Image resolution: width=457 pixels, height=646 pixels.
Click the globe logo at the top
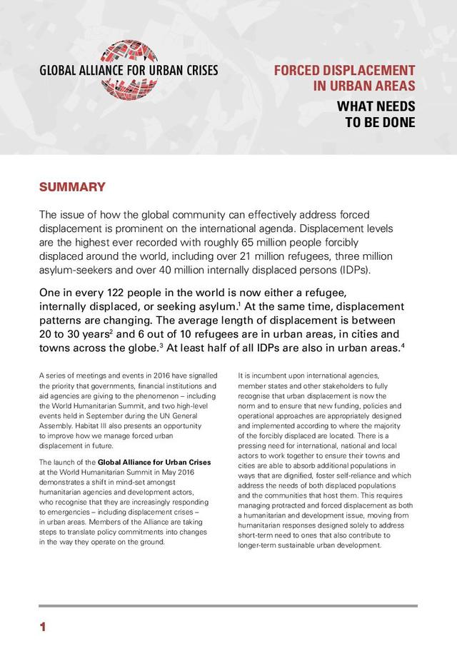[x=130, y=69]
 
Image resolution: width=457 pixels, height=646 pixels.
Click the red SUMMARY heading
[x=72, y=187]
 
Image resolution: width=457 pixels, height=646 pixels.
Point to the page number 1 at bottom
[x=43, y=627]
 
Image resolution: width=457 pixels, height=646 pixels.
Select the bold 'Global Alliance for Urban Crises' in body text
[x=154, y=463]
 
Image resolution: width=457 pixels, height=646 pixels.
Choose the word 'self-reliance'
[x=361, y=476]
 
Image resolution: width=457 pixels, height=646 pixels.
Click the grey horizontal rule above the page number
[x=228, y=606]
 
